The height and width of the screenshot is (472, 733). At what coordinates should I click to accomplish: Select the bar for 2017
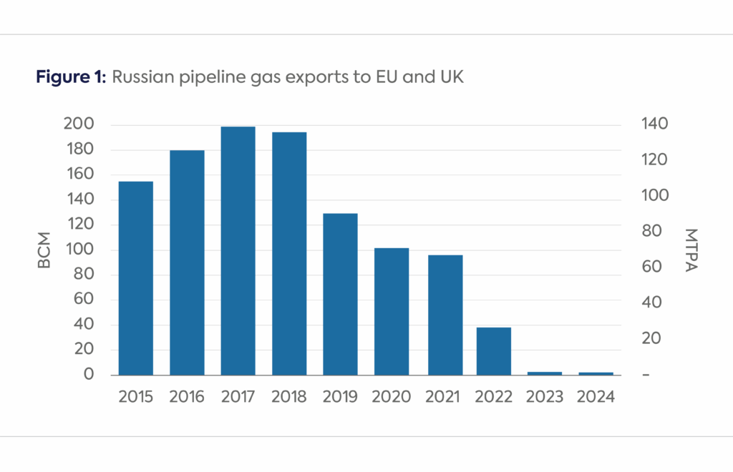click(x=238, y=250)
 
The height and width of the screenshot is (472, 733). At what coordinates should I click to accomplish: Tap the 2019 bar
click(x=340, y=294)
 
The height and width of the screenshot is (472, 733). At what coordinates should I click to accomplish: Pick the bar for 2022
click(x=494, y=350)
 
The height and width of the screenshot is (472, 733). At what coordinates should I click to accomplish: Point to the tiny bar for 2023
click(x=545, y=373)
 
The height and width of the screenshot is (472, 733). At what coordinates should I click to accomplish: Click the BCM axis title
click(x=44, y=250)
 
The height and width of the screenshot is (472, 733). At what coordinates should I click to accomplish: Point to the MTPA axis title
click(x=691, y=250)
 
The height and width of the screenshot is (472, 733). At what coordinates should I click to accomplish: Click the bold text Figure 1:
click(x=70, y=78)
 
